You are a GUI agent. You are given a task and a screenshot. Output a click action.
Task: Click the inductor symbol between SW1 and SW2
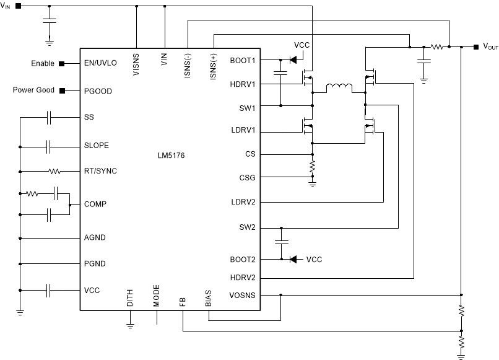point(337,89)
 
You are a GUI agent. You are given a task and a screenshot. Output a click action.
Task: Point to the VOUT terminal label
point(490,47)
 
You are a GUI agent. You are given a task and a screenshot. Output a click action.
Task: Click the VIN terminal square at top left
point(17,6)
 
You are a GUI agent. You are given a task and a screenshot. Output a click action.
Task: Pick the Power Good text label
point(33,90)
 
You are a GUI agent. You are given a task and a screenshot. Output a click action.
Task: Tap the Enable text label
point(43,63)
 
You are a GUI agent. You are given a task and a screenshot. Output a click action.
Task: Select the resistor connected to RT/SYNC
point(54,171)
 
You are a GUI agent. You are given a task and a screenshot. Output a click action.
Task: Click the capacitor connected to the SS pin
point(50,117)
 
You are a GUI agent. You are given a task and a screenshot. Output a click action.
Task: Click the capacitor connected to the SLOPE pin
point(50,147)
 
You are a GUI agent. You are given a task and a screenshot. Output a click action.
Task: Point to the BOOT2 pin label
point(242,259)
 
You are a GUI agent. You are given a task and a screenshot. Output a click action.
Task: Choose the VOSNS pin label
point(241,296)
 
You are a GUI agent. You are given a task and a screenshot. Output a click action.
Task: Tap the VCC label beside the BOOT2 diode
point(314,259)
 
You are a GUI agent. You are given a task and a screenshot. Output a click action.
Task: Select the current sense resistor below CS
point(313,165)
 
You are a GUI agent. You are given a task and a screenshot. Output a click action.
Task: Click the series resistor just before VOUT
point(436,46)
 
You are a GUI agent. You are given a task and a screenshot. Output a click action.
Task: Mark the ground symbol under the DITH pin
point(130,323)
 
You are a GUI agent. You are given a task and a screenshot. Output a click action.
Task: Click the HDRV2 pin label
point(242,277)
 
